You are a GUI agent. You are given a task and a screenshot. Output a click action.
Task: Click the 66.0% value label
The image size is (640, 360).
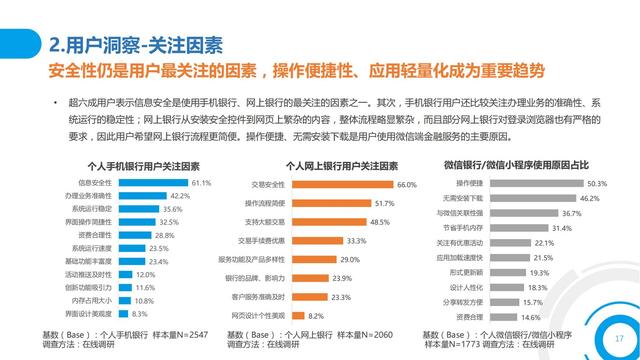[406, 185]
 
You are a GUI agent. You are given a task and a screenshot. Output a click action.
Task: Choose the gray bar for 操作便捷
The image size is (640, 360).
[535, 183]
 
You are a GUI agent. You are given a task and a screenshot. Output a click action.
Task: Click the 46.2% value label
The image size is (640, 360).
[590, 198]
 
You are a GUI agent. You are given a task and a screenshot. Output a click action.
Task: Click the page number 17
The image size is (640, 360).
[618, 337]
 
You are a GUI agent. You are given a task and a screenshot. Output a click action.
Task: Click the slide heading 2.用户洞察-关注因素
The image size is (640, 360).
[136, 46]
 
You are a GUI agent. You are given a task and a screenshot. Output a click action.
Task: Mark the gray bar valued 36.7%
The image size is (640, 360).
[523, 213]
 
